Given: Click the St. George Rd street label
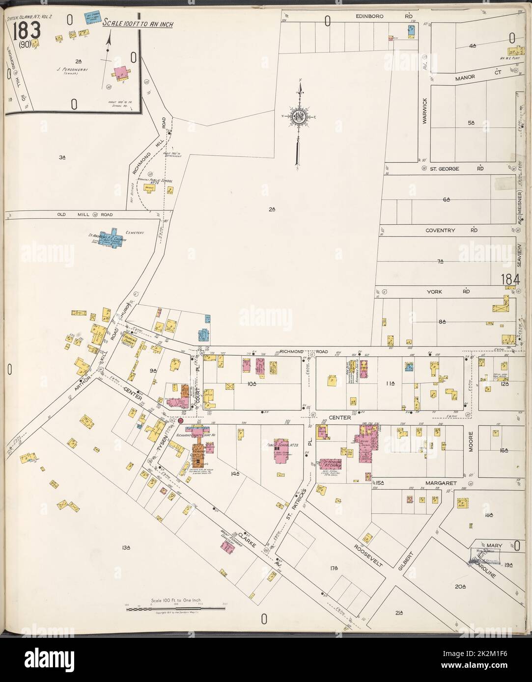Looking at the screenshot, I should click(x=453, y=169).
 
